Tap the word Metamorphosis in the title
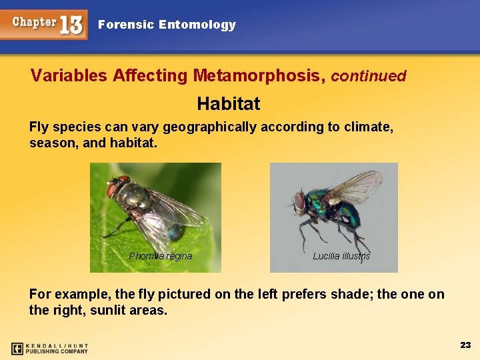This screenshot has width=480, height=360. point(257,75)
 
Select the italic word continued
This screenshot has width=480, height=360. point(368,76)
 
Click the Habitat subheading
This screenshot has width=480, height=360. point(229,104)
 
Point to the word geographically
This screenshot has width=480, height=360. point(209,127)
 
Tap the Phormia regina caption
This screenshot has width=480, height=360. point(160,256)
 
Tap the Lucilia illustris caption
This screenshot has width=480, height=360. point(341,256)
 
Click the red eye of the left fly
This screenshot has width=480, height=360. point(111,190)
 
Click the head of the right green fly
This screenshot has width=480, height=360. point(300,201)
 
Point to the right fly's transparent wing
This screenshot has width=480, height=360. point(357,186)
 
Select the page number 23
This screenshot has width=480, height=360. point(465,345)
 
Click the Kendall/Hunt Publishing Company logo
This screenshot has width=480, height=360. point(50,348)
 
